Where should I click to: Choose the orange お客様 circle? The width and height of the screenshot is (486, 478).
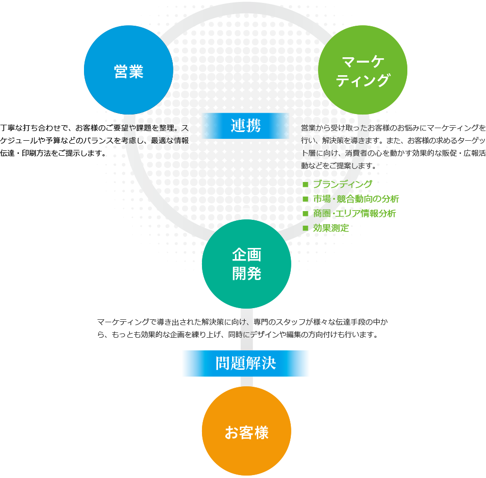(x=246, y=431)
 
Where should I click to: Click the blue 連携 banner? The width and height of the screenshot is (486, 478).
(x=246, y=126)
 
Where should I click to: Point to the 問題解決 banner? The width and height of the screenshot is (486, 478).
(x=245, y=363)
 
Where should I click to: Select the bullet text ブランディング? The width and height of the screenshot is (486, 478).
(x=343, y=184)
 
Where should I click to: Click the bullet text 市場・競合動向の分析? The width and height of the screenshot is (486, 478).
(x=356, y=199)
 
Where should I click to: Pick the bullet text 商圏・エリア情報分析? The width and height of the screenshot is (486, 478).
(x=354, y=214)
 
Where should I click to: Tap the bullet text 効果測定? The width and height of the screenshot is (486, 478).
(x=331, y=228)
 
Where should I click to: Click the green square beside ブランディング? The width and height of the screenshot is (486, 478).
(x=305, y=185)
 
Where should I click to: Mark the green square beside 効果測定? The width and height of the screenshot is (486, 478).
(x=305, y=228)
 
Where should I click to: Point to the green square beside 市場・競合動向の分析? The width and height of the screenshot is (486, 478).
(x=305, y=199)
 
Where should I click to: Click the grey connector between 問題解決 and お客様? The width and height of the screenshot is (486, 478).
(x=246, y=382)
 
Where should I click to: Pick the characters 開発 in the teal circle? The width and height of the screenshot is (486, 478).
(x=246, y=274)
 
